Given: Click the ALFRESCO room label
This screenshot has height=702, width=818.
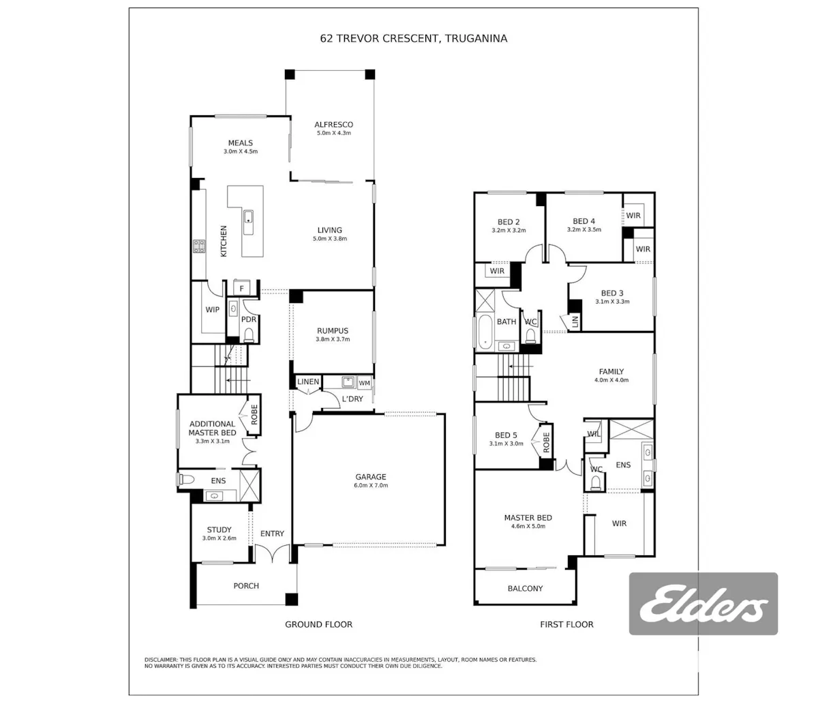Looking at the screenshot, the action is coord(333,124).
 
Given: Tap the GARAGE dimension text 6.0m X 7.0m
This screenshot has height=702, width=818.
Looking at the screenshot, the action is coord(371,485).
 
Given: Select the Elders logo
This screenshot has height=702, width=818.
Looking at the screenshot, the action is coord(703,604).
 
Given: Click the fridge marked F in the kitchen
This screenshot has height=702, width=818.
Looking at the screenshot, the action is coord(241,288).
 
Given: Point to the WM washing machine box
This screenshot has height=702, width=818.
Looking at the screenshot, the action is coord(364,383).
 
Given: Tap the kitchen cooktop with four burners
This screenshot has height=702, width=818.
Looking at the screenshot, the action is coord(199,246).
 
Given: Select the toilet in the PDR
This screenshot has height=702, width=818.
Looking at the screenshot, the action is coord(249,335).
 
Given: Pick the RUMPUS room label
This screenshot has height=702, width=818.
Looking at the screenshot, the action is coord(333,331).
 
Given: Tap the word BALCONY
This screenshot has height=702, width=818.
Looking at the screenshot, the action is coord(525,588).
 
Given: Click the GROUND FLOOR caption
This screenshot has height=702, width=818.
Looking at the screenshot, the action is coord(318,624).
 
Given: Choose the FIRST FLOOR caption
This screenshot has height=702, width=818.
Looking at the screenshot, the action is coord(566,624).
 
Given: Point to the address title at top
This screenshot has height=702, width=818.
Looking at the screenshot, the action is coord(414,38).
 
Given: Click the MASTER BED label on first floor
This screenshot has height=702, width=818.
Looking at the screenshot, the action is coord(528,517).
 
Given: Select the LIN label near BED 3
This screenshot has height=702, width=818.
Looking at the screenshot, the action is coord(575,321).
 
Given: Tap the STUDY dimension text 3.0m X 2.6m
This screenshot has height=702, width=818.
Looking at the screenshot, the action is coord(219,538).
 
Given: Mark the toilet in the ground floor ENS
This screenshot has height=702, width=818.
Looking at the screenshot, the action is coord(186,480).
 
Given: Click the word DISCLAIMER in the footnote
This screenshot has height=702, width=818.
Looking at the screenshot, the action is coord(161,660).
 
